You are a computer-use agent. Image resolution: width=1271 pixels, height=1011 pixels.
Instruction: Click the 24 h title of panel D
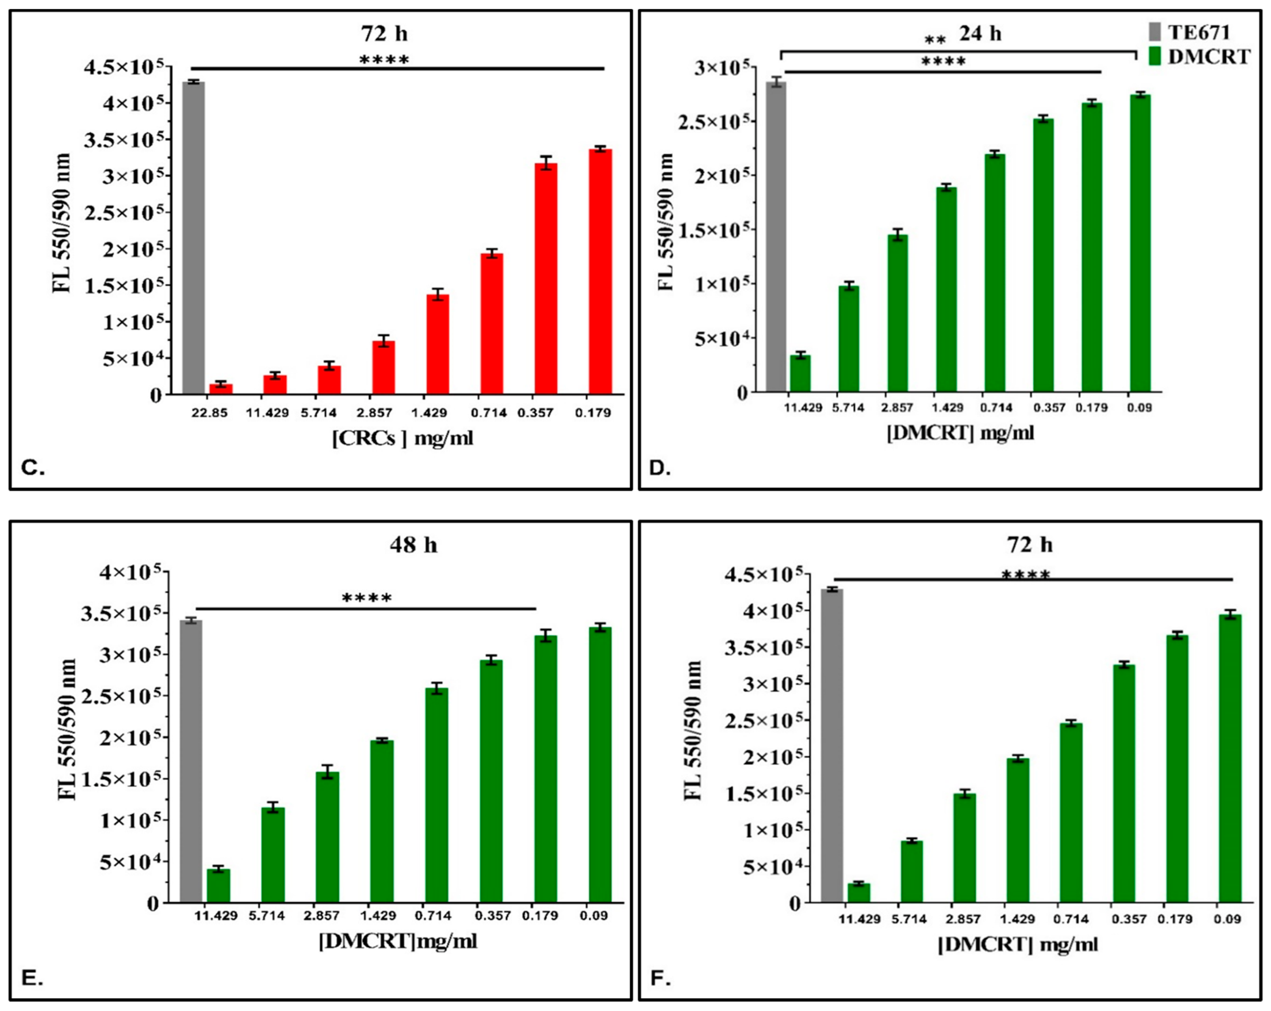(x=980, y=34)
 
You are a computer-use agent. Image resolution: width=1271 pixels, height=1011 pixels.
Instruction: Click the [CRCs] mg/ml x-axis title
(x=403, y=438)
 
